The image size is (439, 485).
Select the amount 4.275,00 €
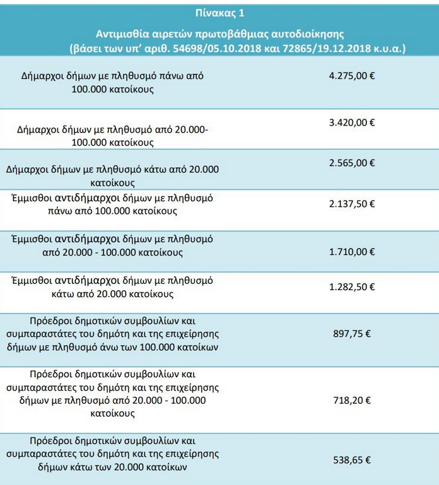(352, 75)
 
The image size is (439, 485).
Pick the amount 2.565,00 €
(352, 163)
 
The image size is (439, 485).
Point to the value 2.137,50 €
(352, 204)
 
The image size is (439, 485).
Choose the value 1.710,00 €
(352, 251)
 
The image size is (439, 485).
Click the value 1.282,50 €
(352, 286)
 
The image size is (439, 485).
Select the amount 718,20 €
(352, 400)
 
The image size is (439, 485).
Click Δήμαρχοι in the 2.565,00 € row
(28, 170)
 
